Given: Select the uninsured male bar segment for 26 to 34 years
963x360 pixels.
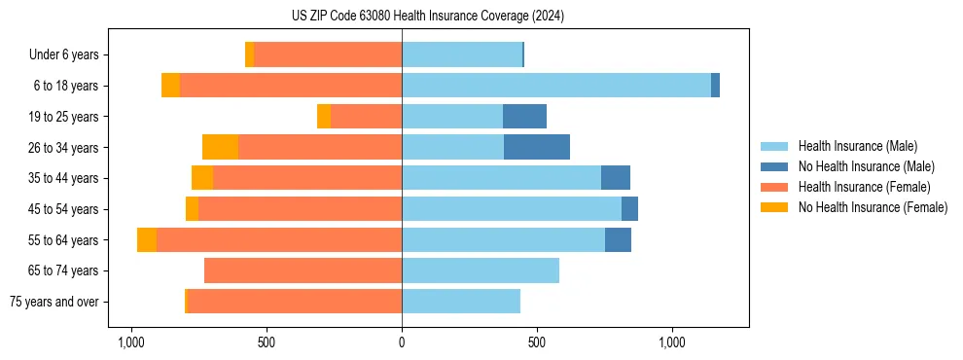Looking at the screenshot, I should (537, 147).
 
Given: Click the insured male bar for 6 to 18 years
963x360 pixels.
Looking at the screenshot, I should (556, 86).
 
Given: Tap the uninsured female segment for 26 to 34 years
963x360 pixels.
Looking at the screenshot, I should (220, 147).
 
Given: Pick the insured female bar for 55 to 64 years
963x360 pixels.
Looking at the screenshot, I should (279, 239).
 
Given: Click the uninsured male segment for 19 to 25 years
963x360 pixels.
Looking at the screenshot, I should (524, 117).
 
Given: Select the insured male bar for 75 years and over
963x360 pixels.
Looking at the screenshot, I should (461, 302).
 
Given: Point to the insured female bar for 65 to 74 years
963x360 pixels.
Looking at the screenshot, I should (303, 270).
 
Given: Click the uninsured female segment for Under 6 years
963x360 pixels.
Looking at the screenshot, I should (249, 54).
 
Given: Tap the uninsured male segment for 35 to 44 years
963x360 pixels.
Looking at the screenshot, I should (616, 178).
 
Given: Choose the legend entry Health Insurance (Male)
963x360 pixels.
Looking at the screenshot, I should (857, 146).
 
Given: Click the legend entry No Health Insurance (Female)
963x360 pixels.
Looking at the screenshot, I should (873, 207).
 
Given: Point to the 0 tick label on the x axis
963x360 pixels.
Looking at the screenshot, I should (402, 342).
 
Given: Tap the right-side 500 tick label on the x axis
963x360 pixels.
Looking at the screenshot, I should (537, 342).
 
